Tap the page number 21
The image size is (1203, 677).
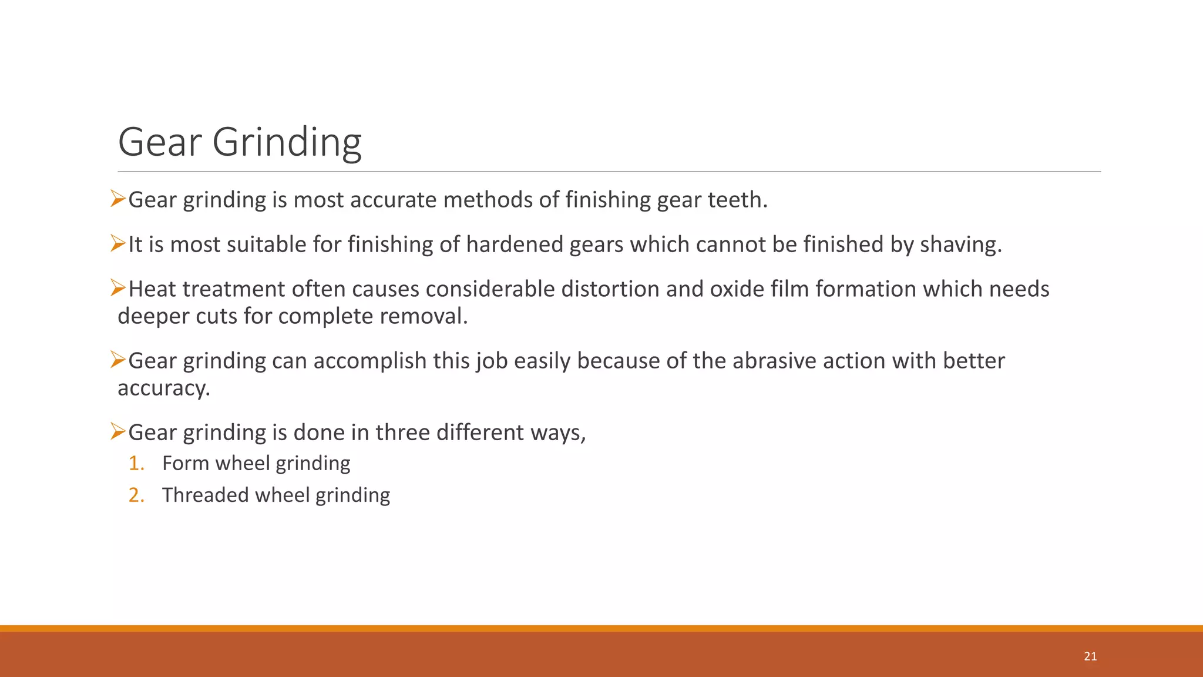coord(1090,656)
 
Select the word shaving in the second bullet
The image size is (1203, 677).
coord(960,244)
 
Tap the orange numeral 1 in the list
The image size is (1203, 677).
coord(136,463)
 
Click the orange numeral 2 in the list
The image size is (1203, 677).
coord(136,495)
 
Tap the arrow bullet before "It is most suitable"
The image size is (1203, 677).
coord(118,243)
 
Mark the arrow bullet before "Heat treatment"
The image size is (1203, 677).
coord(118,288)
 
